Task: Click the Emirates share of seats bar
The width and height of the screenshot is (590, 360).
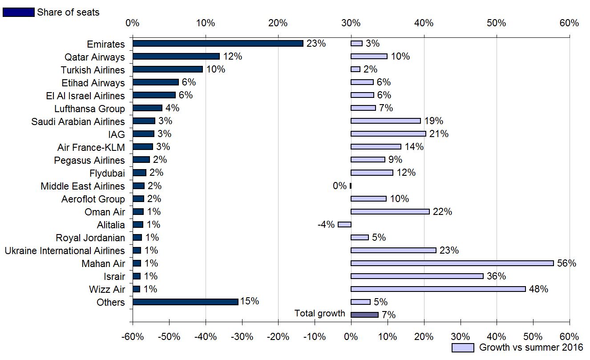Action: [218, 44]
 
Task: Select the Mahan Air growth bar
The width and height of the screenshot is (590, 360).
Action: [452, 263]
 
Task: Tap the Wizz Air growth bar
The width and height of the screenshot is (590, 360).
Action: [438, 289]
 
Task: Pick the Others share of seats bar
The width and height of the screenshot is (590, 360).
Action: [185, 302]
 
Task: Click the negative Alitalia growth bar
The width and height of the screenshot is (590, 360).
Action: [344, 225]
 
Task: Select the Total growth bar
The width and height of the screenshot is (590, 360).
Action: [364, 315]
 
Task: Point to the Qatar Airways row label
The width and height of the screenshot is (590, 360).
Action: [95, 57]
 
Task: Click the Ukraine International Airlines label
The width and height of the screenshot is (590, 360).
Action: [65, 251]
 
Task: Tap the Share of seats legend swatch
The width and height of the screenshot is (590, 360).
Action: [18, 12]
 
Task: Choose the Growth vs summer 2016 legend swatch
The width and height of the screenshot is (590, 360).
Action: [463, 348]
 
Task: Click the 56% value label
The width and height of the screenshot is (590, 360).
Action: [566, 263]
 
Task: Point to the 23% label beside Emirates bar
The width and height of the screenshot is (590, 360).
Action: [316, 44]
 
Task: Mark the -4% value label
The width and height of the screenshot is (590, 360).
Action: [326, 225]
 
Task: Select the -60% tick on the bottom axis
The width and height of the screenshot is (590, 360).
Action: [132, 336]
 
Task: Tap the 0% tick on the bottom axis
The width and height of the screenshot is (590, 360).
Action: [351, 336]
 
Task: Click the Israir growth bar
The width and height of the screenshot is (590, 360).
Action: [417, 276]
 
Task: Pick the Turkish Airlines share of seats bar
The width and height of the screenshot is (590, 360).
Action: [168, 69]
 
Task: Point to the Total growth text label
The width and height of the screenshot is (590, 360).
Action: [319, 314]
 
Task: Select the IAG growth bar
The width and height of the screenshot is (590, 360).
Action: [388, 134]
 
